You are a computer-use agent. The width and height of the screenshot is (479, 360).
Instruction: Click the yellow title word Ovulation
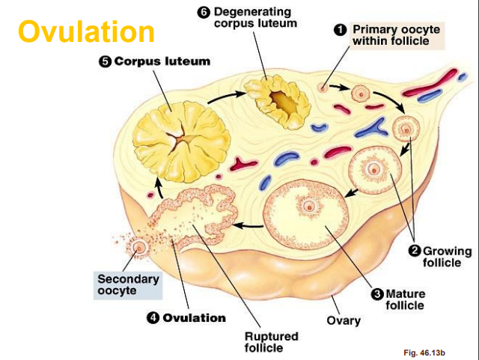click(x=86, y=31)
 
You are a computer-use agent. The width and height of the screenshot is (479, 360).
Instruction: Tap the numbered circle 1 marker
click(x=339, y=28)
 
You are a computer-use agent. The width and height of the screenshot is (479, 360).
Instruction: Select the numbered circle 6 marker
click(x=203, y=12)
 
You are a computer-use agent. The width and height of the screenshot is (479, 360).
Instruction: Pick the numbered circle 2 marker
click(x=415, y=251)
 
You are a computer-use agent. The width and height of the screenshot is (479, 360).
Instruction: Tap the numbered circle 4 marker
click(x=153, y=317)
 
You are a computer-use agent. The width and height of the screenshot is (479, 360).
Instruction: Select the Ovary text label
click(x=344, y=320)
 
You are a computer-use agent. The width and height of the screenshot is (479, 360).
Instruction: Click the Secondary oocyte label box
click(x=129, y=284)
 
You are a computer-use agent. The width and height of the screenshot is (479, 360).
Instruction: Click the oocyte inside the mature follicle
click(x=307, y=206)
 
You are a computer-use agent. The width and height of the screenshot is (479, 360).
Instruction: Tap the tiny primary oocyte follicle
click(x=323, y=87)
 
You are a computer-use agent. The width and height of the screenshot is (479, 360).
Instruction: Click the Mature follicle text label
click(x=405, y=300)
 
